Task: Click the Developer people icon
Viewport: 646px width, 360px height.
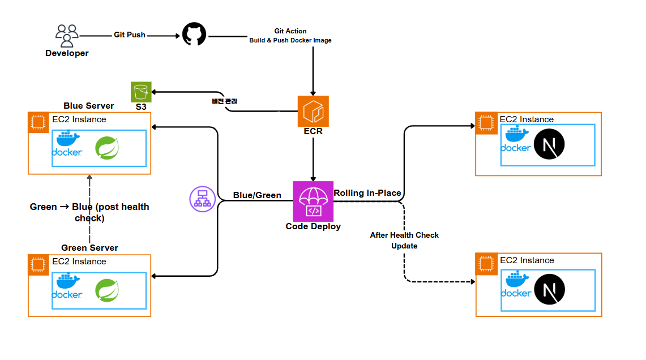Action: (67, 35)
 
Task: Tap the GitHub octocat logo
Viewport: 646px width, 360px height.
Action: (194, 35)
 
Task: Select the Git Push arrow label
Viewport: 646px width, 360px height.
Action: (129, 35)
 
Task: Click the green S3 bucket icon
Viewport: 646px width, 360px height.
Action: (141, 92)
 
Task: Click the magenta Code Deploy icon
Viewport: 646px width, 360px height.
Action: (313, 202)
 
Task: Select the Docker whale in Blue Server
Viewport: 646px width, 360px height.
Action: (67, 144)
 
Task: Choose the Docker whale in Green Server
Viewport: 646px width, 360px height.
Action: (67, 286)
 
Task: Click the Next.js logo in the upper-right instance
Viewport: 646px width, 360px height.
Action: (550, 144)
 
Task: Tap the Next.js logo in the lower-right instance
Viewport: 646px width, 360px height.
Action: (550, 290)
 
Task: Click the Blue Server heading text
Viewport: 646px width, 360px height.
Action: (89, 106)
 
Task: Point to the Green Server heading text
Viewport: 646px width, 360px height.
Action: (89, 248)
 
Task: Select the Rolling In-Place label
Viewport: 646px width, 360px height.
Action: (367, 193)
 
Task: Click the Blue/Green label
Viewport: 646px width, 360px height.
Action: (257, 195)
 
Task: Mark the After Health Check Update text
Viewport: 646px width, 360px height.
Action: (404, 241)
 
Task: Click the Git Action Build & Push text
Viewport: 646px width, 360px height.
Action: (290, 36)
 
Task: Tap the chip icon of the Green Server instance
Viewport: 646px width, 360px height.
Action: (38, 264)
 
